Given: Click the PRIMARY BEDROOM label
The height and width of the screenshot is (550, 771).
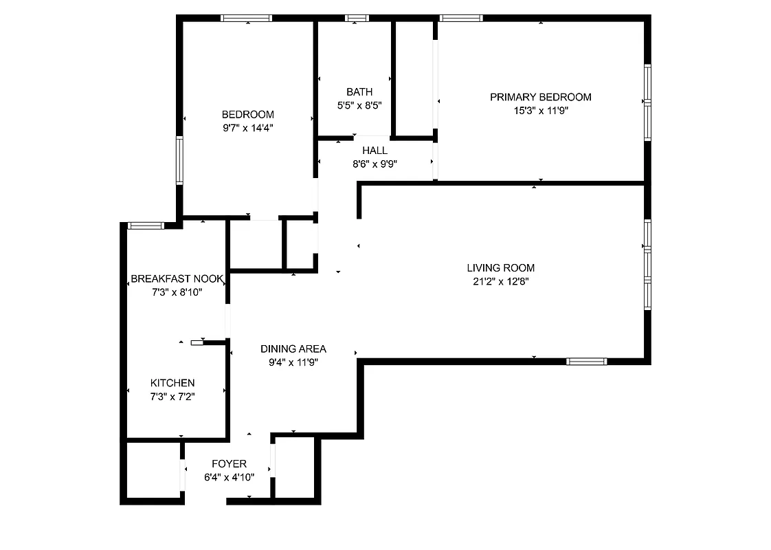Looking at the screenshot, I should point(540,97).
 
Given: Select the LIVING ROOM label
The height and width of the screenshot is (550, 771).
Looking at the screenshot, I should point(500,267).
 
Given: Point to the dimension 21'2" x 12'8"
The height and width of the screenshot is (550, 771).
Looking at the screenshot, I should point(500,280).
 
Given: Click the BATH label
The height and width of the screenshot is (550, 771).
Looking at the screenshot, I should point(359,91).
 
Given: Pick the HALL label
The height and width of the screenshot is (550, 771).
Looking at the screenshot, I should point(375,150).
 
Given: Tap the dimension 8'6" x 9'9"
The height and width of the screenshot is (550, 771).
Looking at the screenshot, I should point(375,164).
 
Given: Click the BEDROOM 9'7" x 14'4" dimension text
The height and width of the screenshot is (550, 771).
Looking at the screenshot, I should point(247,127).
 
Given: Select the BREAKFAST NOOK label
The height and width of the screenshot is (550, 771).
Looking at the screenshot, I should point(177,278).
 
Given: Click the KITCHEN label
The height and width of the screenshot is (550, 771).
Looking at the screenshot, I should point(172,382).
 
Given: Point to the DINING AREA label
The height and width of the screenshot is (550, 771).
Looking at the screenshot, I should point(293,349).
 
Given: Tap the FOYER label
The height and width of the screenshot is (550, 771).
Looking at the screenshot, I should point(229,463).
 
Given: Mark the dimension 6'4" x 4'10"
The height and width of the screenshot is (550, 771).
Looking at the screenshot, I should point(229,476).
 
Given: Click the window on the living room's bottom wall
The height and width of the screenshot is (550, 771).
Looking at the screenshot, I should point(586,361).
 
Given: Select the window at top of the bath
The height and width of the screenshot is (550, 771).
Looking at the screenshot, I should point(357,18).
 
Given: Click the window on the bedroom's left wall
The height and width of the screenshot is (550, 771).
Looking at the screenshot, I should point(179,160).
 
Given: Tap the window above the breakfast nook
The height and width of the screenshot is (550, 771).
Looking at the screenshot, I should point(146,225).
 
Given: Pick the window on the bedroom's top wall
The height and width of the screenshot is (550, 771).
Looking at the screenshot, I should point(246,18).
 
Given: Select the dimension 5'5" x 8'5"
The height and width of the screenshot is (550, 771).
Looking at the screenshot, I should point(359,105).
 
